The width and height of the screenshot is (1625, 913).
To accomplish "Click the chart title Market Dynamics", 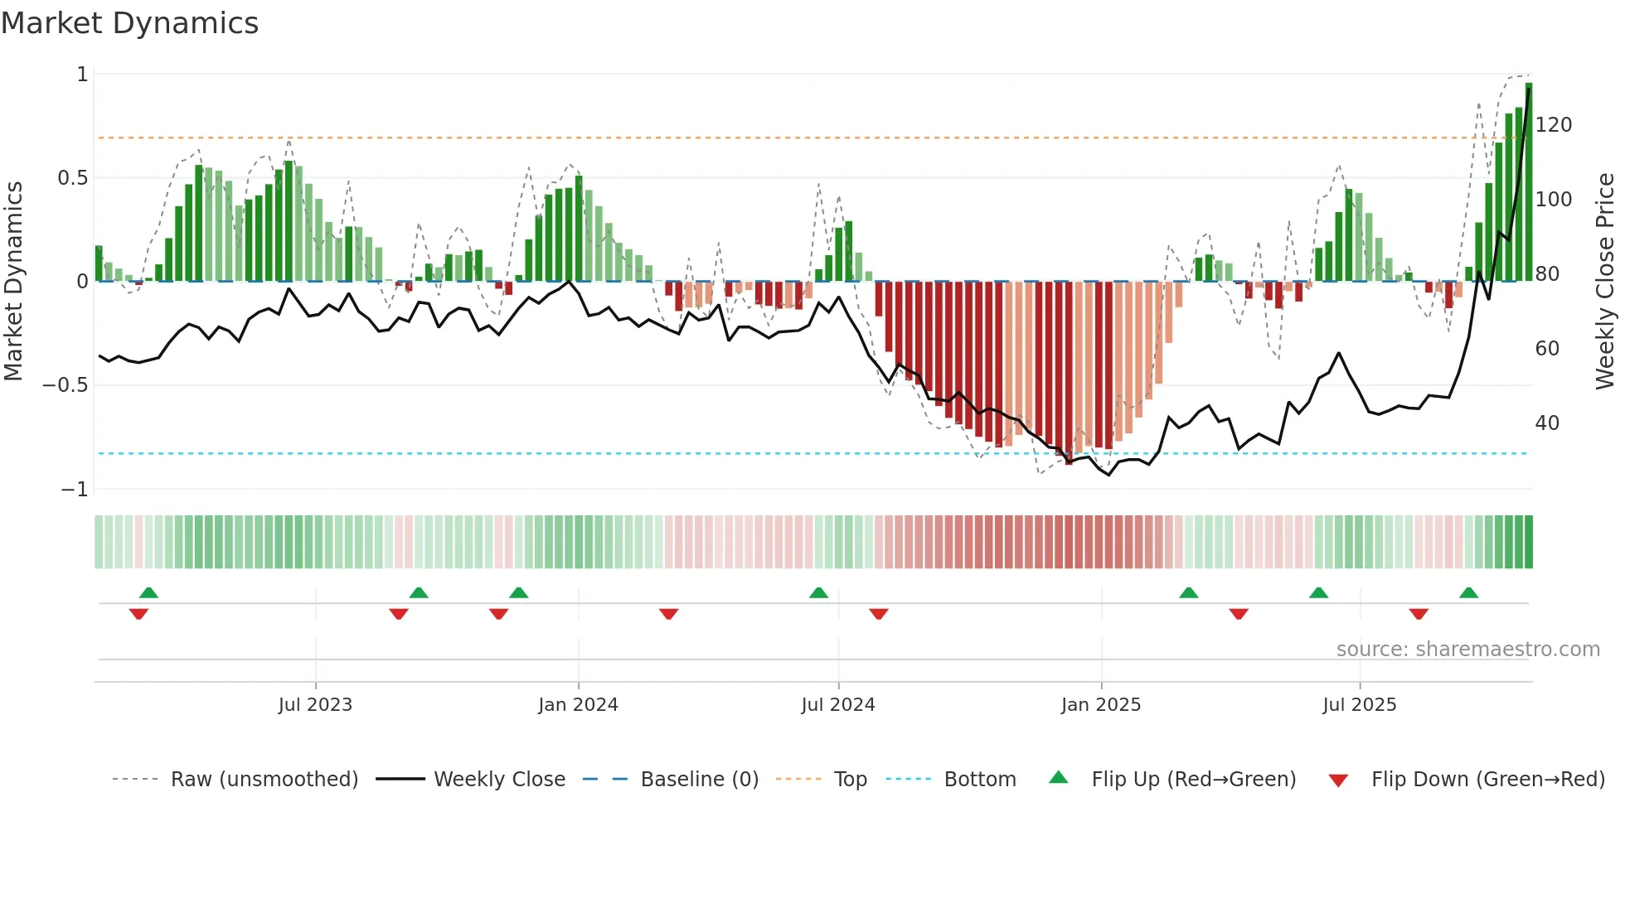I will pos(129,23).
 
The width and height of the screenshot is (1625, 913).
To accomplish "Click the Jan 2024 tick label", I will pos(578,705).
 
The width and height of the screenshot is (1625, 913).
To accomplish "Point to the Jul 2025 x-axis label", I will pos(1359,705).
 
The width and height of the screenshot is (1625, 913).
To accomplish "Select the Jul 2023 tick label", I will pos(315,705).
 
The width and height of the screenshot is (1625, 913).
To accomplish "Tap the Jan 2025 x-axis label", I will pos(1100,705).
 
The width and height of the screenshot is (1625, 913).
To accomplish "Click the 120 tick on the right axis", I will pos(1553,125).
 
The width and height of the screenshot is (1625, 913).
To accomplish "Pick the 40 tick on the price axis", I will pos(1547,423).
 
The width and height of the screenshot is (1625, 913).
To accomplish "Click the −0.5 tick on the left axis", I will pos(65,385).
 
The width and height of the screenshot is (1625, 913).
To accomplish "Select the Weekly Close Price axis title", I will pos(1605,281).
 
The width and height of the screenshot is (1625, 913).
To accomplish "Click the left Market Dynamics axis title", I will pos(13,281).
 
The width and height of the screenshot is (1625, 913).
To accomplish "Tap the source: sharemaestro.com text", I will pos(1467,650).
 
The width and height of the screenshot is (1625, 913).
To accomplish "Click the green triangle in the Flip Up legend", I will pos(1058,778).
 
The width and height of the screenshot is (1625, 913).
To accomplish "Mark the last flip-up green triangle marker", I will pos(1468,593).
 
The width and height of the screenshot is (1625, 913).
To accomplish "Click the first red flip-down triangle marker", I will pos(138,614).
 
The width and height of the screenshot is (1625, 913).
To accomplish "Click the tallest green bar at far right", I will pos(1529,182).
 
